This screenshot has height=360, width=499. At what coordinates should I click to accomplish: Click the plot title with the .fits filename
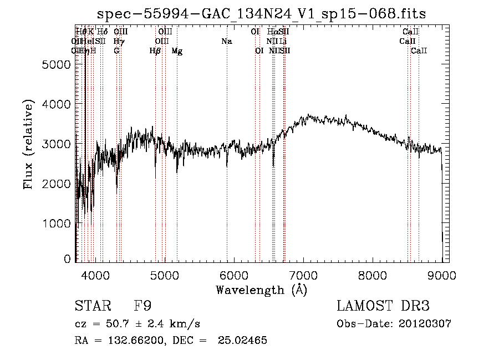click(261, 14)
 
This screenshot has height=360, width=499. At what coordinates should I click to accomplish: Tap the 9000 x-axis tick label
click(442, 275)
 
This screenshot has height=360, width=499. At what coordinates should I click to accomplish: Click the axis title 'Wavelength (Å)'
click(261, 290)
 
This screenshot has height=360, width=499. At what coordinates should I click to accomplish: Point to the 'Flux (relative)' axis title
click(28, 144)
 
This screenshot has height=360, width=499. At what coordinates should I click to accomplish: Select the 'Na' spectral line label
click(226, 41)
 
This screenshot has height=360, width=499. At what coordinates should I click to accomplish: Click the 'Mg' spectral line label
click(177, 51)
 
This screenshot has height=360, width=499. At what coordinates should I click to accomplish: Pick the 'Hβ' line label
click(155, 51)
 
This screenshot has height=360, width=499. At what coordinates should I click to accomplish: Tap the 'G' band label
click(116, 50)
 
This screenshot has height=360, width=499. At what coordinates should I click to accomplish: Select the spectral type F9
click(142, 306)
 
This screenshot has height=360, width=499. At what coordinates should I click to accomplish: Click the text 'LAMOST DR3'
click(383, 306)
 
